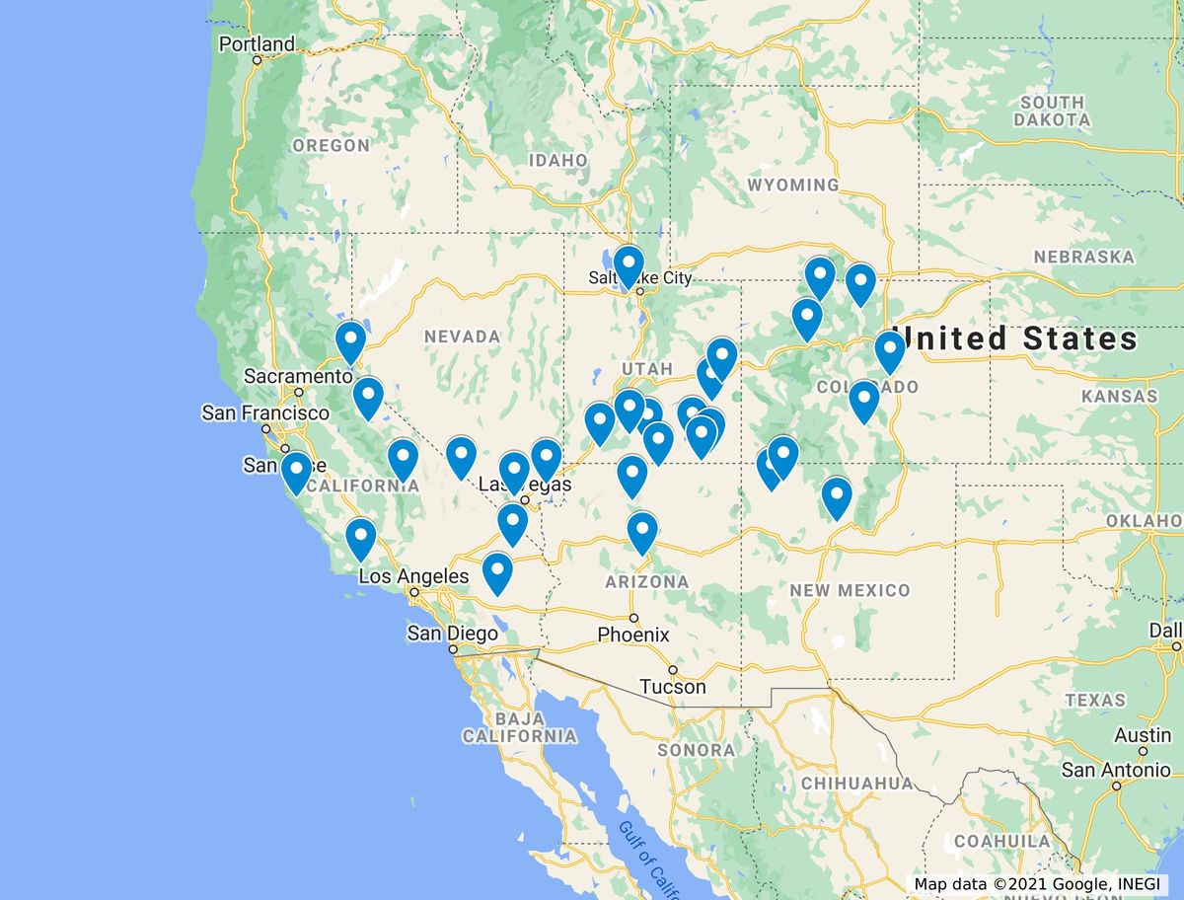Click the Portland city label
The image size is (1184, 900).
click(x=257, y=44)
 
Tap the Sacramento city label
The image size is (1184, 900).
click(x=298, y=376)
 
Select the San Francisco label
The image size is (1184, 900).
click(x=265, y=412)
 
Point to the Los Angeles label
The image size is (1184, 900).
click(x=413, y=576)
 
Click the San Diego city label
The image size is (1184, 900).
click(x=449, y=634)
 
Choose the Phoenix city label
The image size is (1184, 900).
click(x=633, y=635)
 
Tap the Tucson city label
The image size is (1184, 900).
click(x=673, y=686)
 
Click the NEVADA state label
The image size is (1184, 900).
click(x=462, y=337)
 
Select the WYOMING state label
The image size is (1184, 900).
click(x=792, y=185)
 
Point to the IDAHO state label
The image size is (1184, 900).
click(x=558, y=160)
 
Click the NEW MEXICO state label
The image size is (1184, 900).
click(x=850, y=590)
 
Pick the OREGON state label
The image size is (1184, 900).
click(x=331, y=145)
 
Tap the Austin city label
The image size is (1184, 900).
click(x=1143, y=735)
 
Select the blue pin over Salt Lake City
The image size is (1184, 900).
click(x=629, y=264)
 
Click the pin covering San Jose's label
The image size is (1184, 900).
click(x=296, y=471)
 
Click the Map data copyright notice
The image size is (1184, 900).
click(x=1039, y=884)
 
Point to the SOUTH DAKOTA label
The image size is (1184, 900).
click(x=1052, y=111)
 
